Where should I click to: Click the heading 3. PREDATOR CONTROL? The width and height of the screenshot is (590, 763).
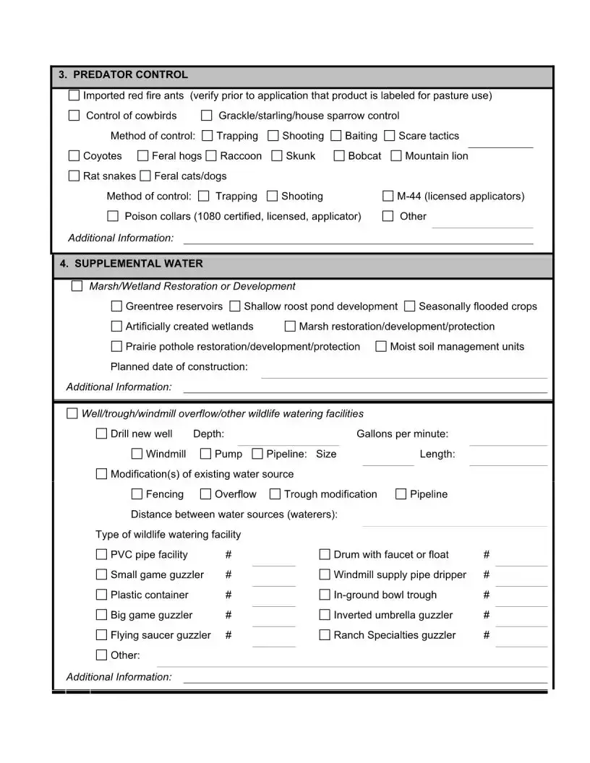[123, 74]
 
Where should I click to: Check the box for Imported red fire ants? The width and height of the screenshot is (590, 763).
[74, 95]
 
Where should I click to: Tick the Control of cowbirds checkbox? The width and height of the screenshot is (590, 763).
[74, 116]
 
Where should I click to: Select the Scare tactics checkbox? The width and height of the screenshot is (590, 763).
[390, 136]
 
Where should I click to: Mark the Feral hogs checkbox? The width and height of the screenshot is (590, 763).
[143, 156]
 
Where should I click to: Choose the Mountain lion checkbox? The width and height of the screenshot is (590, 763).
[396, 156]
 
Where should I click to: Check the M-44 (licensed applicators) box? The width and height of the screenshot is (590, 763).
[388, 197]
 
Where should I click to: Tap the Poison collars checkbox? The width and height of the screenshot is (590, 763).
[113, 216]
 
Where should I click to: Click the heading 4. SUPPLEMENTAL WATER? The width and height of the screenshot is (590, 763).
[131, 264]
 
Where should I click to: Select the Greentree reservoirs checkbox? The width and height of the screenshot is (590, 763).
[116, 306]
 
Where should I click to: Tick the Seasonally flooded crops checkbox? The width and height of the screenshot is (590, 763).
[410, 306]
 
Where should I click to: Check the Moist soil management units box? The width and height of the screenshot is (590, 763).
[381, 347]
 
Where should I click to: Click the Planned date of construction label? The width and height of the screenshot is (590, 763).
[179, 366]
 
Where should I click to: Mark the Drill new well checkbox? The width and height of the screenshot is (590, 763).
[101, 434]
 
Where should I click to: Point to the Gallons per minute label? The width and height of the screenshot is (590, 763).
[402, 434]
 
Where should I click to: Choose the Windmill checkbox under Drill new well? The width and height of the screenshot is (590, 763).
[137, 454]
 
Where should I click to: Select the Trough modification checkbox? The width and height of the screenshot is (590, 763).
[275, 494]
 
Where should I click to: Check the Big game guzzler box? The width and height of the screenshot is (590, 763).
[101, 616]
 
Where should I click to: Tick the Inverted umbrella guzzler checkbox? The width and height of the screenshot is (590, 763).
[325, 616]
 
